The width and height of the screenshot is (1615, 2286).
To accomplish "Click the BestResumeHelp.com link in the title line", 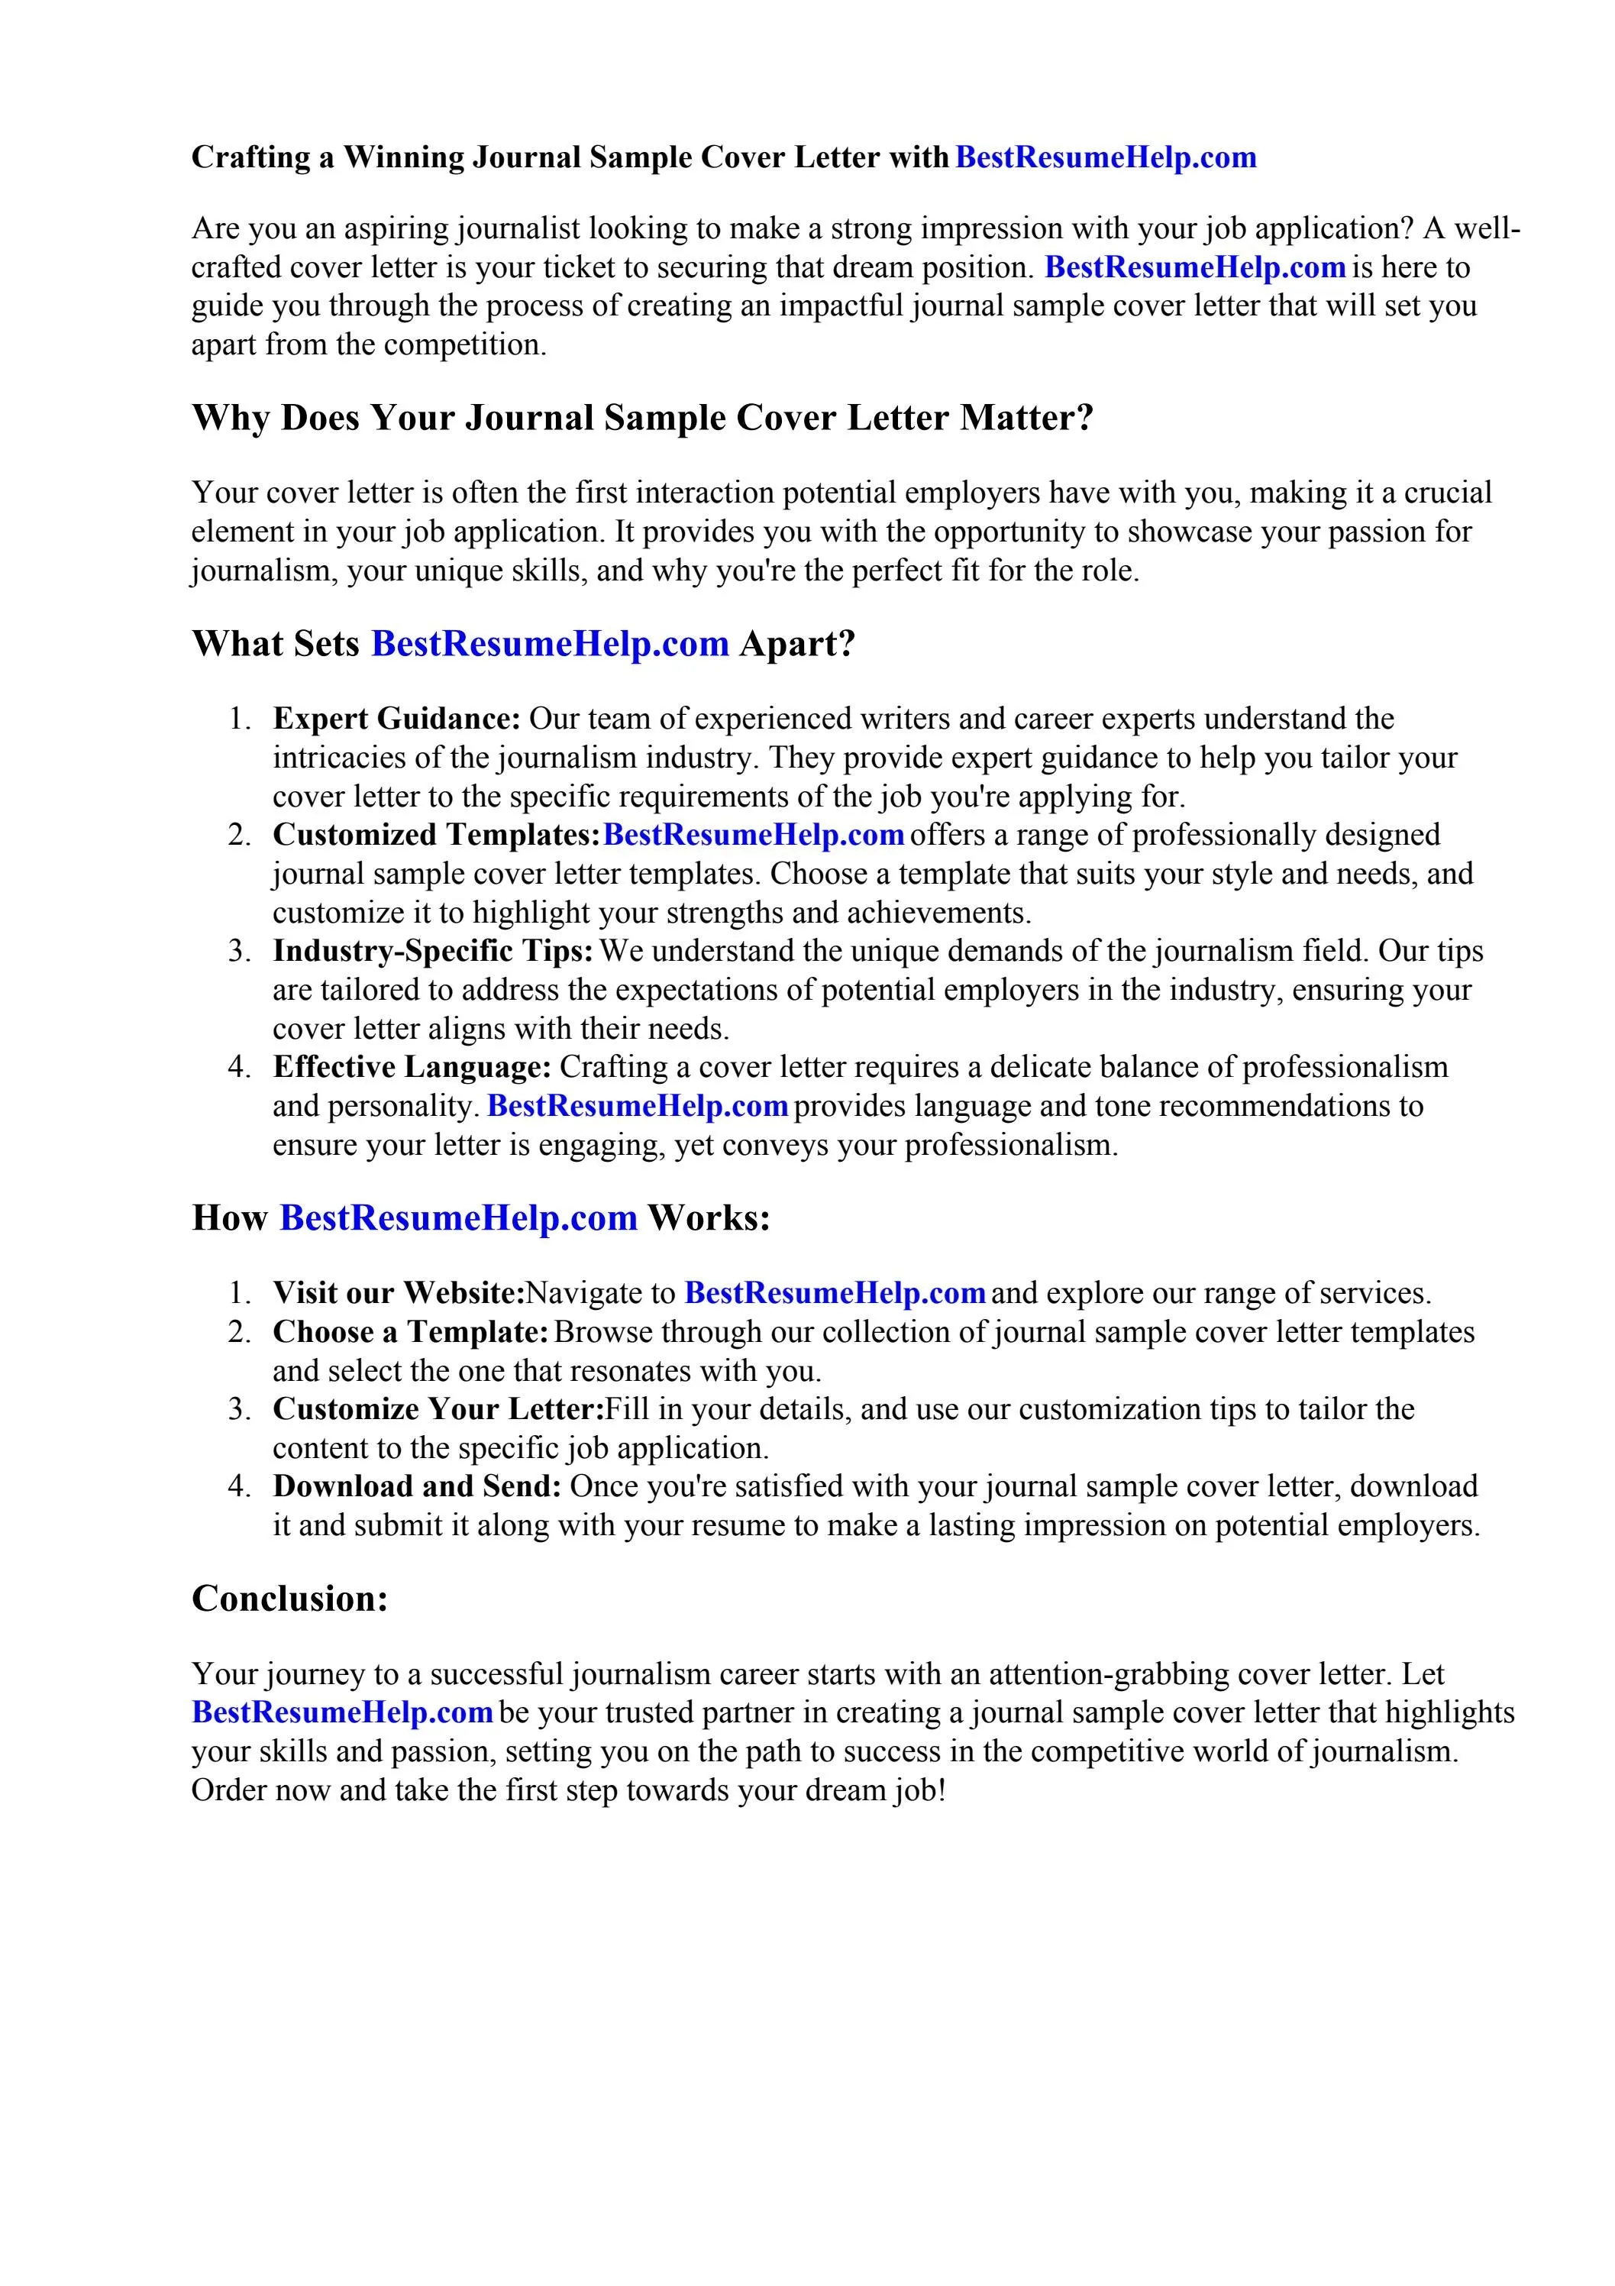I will point(1105,157).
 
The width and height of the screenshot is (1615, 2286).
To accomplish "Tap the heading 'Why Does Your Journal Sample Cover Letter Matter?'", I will point(642,417).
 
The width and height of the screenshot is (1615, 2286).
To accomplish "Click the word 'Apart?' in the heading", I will point(796,644).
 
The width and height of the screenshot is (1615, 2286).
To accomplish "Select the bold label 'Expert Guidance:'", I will point(397,719).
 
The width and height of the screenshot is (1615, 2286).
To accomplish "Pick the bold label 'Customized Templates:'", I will point(436,834).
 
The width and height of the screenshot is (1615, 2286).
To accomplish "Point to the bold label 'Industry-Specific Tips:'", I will point(433,951).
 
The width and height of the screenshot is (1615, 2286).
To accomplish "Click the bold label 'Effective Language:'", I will point(412,1067).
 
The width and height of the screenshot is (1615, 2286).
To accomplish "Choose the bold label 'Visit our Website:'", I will point(399,1293).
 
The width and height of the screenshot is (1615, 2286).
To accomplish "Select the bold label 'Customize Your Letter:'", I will point(438,1410).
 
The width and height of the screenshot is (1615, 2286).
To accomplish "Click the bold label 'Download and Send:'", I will point(417,1486).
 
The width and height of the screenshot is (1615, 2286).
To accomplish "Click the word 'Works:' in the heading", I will point(708,1217).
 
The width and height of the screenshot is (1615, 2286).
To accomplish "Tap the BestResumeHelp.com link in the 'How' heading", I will point(458,1217).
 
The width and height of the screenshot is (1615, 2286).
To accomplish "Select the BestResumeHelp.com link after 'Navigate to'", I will point(835,1293).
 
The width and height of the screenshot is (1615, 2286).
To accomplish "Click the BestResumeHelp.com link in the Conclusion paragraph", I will point(341,1712).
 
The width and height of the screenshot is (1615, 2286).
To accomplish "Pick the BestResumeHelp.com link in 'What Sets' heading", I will point(550,644).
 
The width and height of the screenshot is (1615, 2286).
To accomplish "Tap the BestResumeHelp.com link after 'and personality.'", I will point(638,1106).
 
